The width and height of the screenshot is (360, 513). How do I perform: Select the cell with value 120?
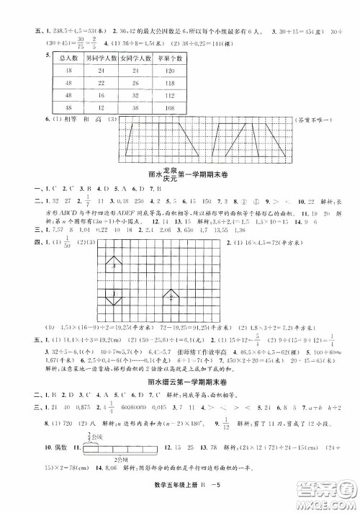(x=167, y=73)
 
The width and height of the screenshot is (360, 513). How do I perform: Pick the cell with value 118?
(x=167, y=95)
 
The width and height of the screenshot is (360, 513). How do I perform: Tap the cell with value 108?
(x=167, y=106)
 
